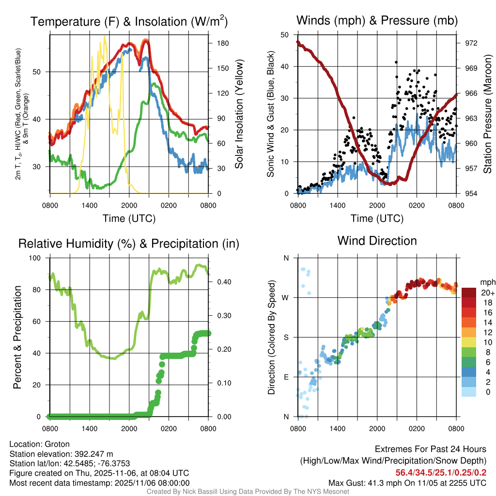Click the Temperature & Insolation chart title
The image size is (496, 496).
[129, 21]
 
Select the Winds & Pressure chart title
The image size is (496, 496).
[377, 20]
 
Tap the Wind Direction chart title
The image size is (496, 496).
[377, 241]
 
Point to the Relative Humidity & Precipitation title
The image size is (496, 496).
[129, 244]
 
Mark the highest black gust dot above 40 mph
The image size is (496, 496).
[396, 62]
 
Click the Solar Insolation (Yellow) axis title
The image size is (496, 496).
[239, 114]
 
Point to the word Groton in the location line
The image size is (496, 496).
[57, 444]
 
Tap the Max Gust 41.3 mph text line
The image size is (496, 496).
[407, 482]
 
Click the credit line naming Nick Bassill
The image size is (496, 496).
[248, 492]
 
